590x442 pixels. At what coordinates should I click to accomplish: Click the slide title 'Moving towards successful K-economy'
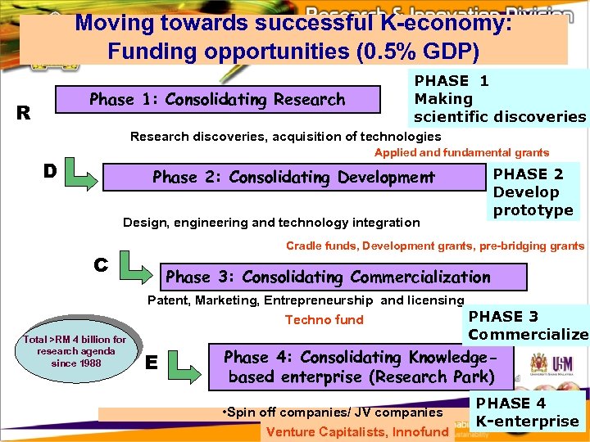coord(293,37)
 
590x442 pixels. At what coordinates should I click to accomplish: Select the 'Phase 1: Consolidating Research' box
coord(217,100)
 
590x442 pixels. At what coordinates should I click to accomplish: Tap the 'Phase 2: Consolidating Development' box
coord(293,178)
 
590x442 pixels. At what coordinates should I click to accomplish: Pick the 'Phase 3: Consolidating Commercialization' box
coord(328,277)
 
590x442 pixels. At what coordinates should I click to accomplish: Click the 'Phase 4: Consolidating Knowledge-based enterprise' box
coord(361,367)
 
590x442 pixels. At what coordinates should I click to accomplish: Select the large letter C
coord(101,264)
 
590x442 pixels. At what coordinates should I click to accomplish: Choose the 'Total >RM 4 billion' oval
coord(75,351)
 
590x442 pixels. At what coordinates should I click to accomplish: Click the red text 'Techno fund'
coord(324,320)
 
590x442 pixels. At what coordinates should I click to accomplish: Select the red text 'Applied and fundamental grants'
coord(461,153)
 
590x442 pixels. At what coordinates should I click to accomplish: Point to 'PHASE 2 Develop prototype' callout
coord(533,192)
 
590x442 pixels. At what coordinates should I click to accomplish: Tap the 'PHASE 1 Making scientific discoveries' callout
coord(499,99)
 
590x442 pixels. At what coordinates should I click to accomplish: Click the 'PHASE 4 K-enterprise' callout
coord(528,413)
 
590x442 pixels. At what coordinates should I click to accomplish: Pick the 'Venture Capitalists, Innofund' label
coord(357,432)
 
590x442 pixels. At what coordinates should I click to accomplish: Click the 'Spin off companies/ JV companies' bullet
coord(332,412)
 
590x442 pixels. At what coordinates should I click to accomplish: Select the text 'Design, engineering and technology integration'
coord(270,223)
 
